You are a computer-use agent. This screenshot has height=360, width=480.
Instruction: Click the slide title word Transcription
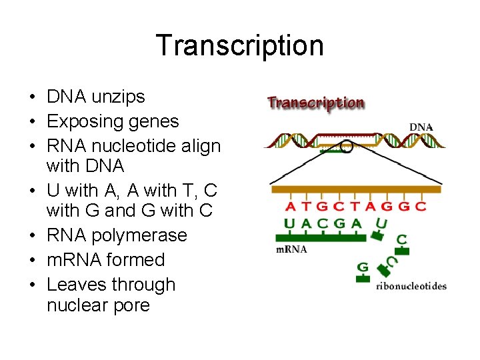240,45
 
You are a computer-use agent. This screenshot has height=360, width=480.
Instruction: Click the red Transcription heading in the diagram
316,103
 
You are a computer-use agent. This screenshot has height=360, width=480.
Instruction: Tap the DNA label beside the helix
421,127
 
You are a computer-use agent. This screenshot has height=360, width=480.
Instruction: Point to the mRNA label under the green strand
291,250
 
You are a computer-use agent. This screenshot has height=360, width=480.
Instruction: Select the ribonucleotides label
411,286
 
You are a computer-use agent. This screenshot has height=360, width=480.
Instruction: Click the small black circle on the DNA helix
347,146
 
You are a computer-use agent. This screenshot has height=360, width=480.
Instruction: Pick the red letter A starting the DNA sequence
290,206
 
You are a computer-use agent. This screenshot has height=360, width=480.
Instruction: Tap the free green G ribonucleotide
363,267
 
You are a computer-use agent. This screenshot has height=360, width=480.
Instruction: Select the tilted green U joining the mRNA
381,224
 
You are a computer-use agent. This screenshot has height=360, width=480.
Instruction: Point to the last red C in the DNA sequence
420,206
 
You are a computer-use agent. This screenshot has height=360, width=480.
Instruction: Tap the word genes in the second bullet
156,121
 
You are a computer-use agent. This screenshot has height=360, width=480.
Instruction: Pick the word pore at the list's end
133,305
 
